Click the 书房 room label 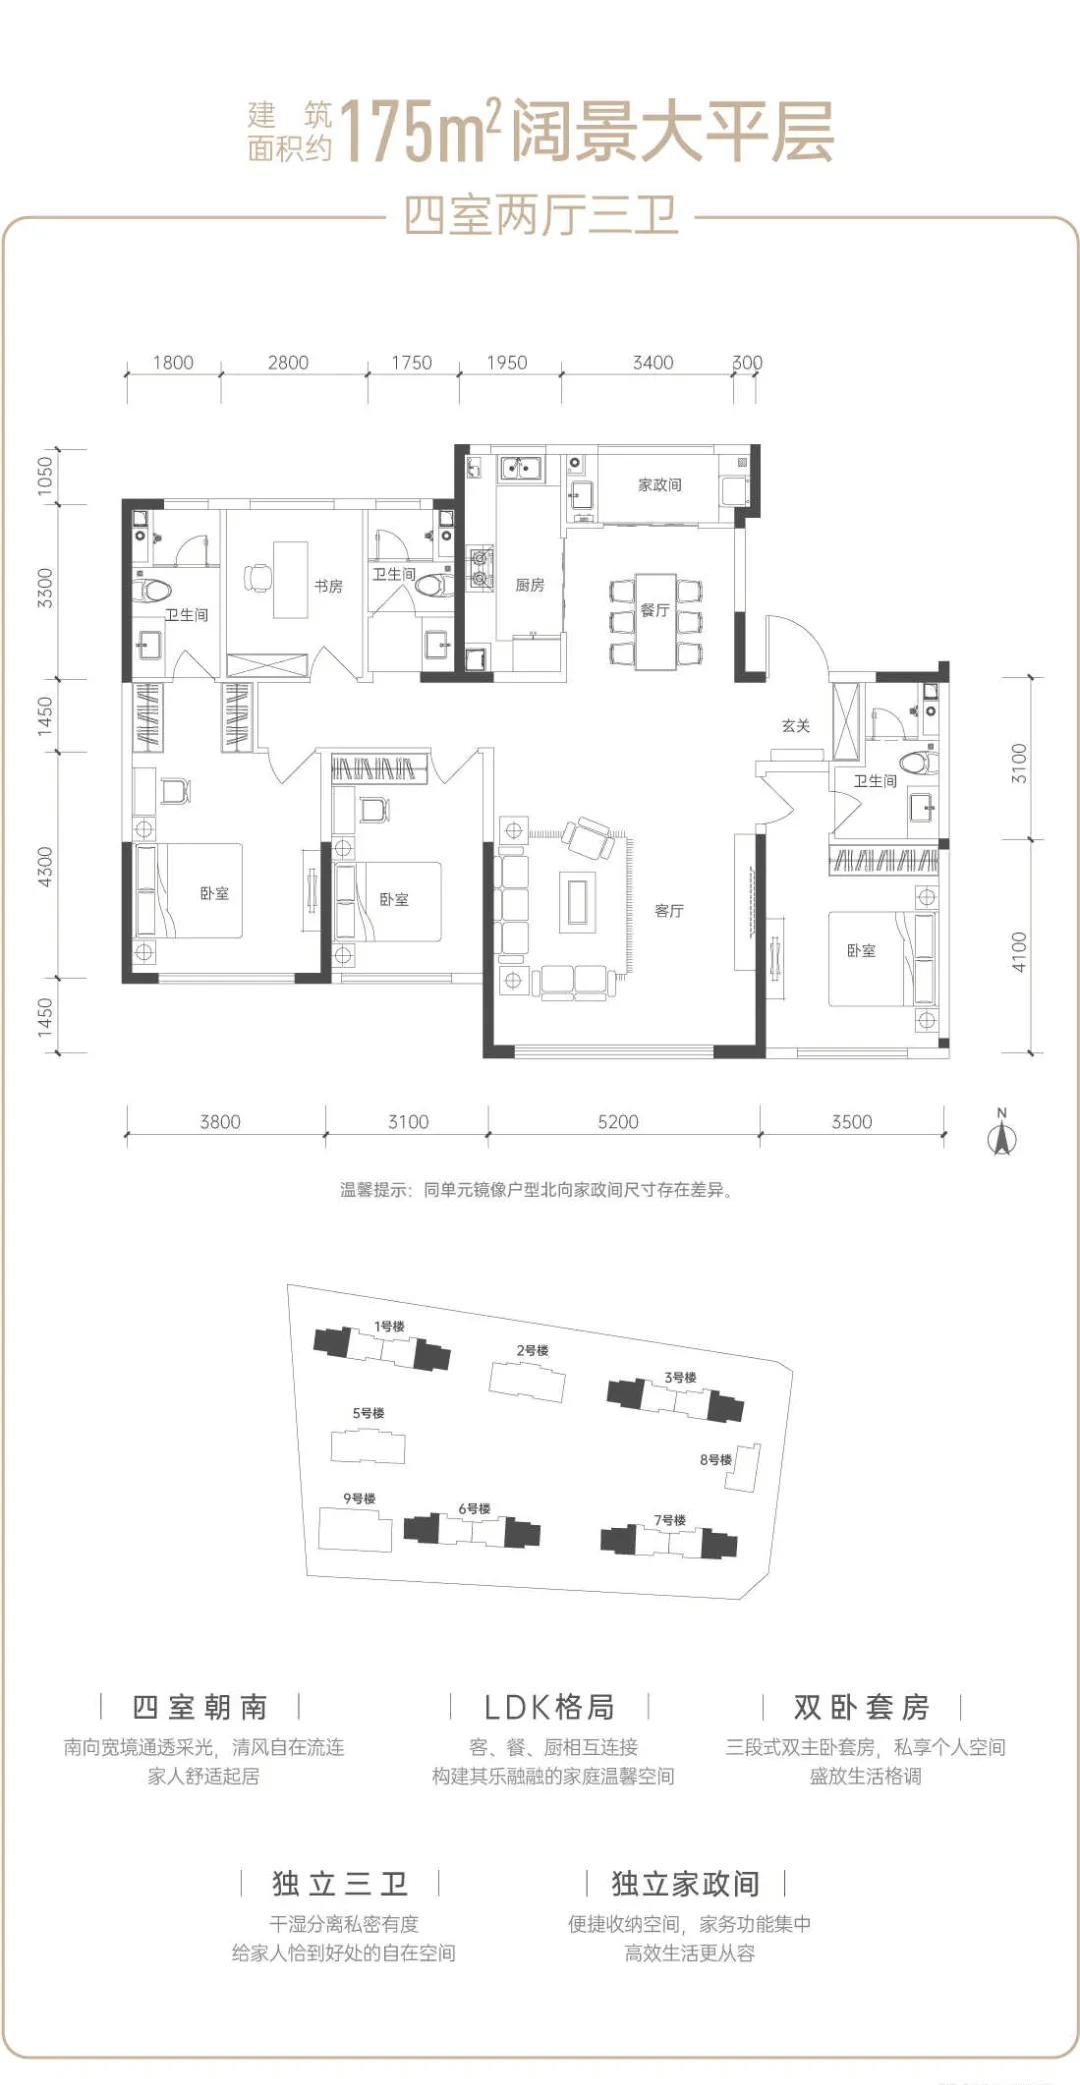[x=328, y=586]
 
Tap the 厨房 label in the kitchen [x=530, y=584]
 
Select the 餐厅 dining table [x=655, y=621]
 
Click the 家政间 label [x=660, y=484]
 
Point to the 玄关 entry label [x=796, y=725]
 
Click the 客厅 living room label [x=669, y=910]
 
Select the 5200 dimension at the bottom [x=618, y=1121]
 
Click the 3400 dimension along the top [x=653, y=362]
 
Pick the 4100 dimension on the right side [x=1019, y=951]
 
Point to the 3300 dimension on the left [x=45, y=587]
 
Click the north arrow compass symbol [x=1002, y=1133]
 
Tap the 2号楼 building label [x=533, y=1350]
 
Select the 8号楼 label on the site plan [x=716, y=1459]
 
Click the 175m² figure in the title [x=420, y=130]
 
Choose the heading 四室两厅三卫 [x=540, y=215]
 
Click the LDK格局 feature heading [x=549, y=1706]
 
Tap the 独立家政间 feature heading [x=686, y=1883]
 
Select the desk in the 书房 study [x=291, y=580]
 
